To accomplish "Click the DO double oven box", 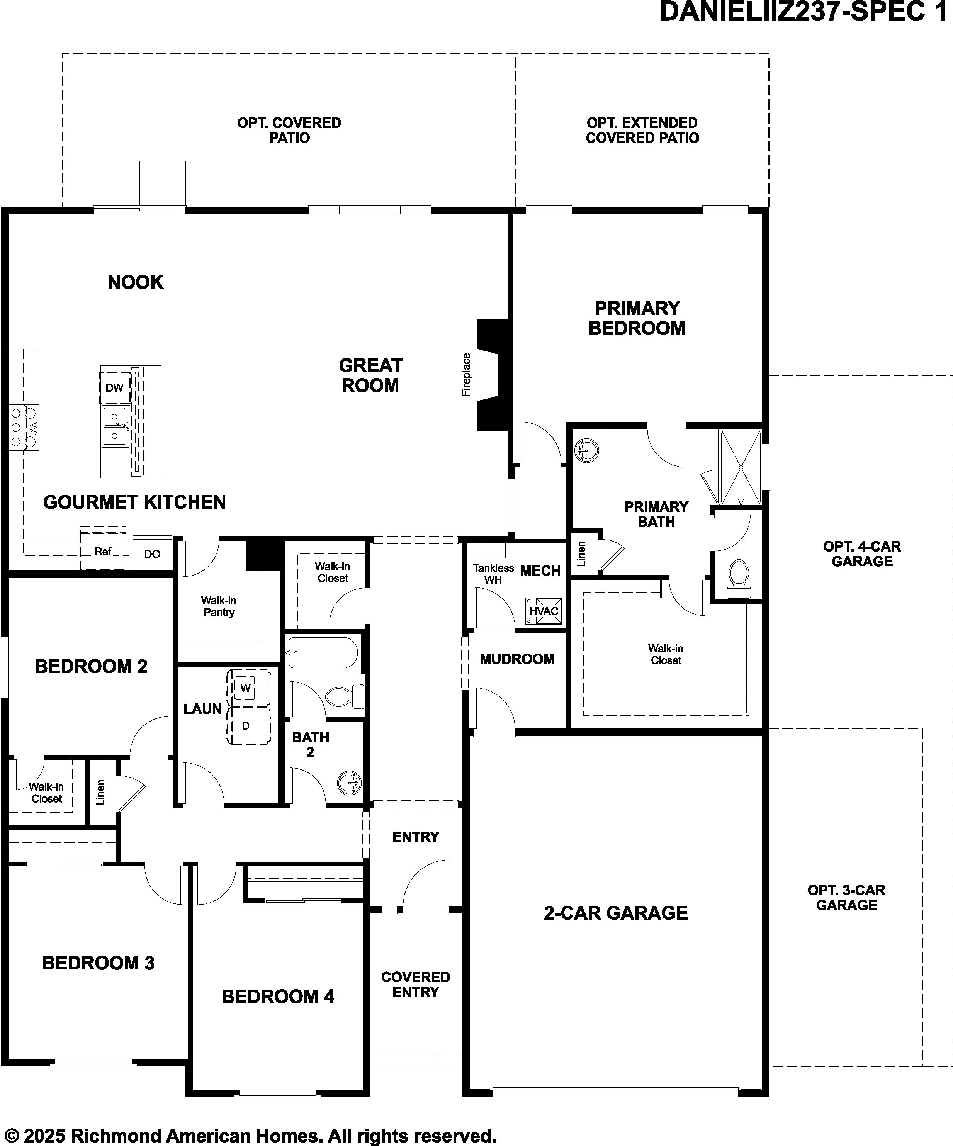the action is pyautogui.click(x=152, y=554).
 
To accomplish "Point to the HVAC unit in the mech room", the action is pyautogui.click(x=544, y=611).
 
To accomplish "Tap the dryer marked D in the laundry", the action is pyautogui.click(x=246, y=726).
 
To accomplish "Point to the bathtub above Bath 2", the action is pyautogui.click(x=322, y=653).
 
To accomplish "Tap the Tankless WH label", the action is pyautogui.click(x=493, y=574).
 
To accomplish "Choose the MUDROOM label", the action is pyautogui.click(x=517, y=659).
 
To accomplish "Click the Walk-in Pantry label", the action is pyautogui.click(x=219, y=606).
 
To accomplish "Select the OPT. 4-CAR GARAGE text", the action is pyautogui.click(x=862, y=554).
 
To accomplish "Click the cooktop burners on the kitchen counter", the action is pyautogui.click(x=24, y=427).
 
